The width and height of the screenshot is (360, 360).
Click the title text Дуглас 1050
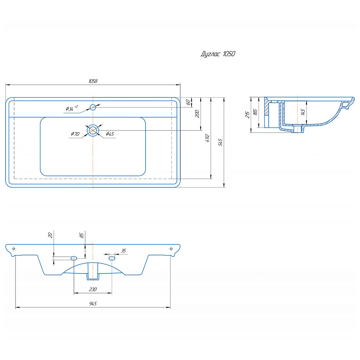pyautogui.click(x=218, y=54)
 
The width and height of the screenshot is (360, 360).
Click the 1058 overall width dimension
pyautogui.click(x=93, y=81)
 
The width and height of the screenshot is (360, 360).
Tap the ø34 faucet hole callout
pyautogui.click(x=72, y=108)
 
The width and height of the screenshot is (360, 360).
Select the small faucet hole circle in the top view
pyautogui.click(x=93, y=107)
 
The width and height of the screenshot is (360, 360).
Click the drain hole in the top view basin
pyautogui.click(x=93, y=130)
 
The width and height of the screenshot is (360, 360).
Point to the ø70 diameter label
pyautogui.click(x=75, y=134)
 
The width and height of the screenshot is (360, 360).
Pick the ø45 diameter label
pyautogui.click(x=110, y=134)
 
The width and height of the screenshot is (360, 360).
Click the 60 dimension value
pyautogui.click(x=188, y=103)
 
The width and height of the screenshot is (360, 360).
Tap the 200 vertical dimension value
pyautogui.click(x=197, y=114)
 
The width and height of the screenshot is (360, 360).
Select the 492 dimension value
pyautogui.click(x=207, y=138)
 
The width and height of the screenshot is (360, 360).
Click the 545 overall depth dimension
pyautogui.click(x=220, y=142)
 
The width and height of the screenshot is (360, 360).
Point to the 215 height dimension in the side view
pyautogui.click(x=247, y=115)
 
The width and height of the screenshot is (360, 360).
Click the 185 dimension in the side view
pyautogui.click(x=255, y=112)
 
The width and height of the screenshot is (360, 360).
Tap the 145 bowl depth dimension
pyautogui.click(x=303, y=112)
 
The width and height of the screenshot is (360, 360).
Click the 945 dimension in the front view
pyautogui.click(x=93, y=304)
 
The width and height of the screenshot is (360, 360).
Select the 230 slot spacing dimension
pyautogui.click(x=93, y=289)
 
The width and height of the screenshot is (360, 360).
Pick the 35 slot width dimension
pyautogui.click(x=123, y=251)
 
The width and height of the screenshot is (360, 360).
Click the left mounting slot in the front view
pyautogui.click(x=74, y=258)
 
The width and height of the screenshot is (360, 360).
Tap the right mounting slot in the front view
pyautogui.click(x=112, y=258)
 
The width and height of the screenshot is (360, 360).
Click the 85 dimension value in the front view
pyautogui.click(x=81, y=235)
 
